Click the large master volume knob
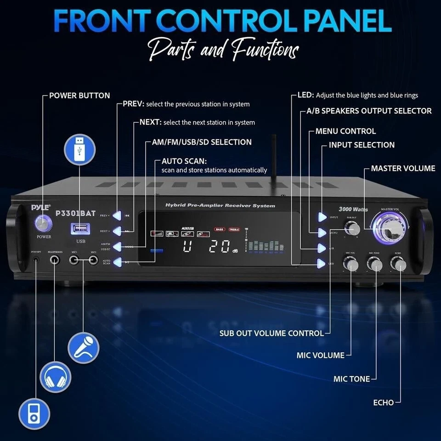tap(390, 228)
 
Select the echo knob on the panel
tap(398, 264)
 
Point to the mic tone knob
tap(374, 264)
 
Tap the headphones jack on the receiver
tap(55, 260)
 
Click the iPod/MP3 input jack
tap(36, 260)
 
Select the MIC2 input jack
tap(94, 260)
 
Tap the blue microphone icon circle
tap(84, 348)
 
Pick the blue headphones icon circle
tap(56, 377)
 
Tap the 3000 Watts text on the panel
tap(353, 209)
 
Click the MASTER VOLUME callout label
tap(403, 169)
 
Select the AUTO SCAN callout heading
tap(184, 162)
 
